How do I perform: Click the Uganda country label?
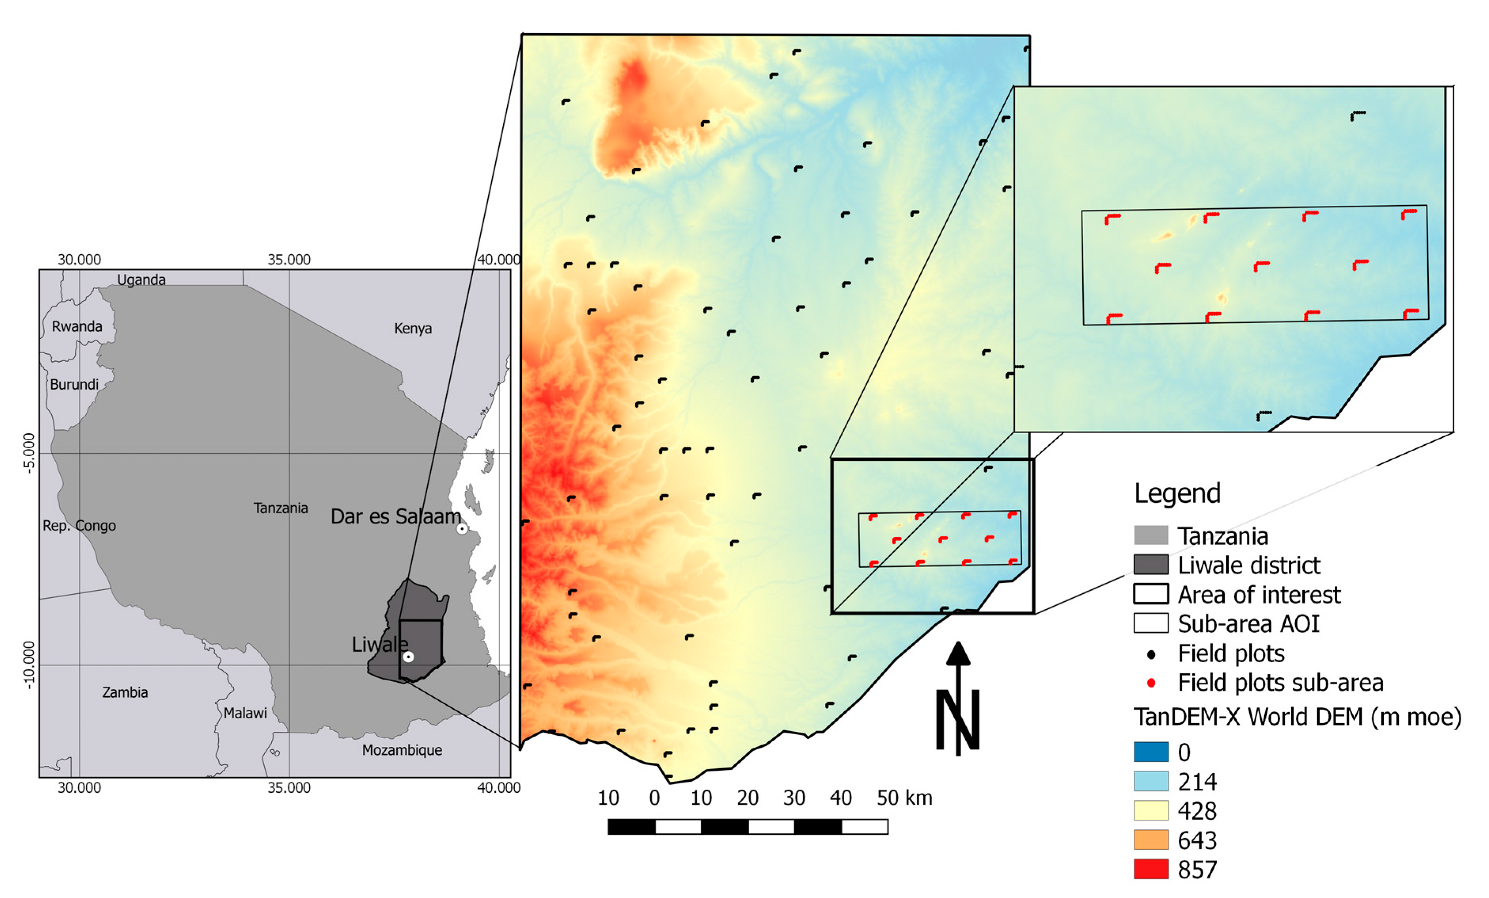click(x=141, y=280)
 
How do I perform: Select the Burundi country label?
click(x=74, y=385)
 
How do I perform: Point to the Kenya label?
click(x=413, y=328)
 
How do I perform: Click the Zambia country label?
click(x=125, y=692)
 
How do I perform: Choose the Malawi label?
click(x=245, y=713)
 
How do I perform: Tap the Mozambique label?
click(x=402, y=750)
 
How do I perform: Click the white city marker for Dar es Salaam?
click(x=462, y=529)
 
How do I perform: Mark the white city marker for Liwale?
click(x=409, y=656)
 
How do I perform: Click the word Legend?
click(x=1177, y=493)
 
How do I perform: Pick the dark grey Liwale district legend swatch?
click(x=1151, y=565)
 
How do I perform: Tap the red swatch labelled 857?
click(x=1151, y=869)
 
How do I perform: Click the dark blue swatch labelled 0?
click(x=1151, y=752)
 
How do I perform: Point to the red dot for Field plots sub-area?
click(x=1151, y=683)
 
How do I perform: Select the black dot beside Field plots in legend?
click(x=1151, y=654)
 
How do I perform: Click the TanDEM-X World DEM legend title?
click(x=1297, y=717)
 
